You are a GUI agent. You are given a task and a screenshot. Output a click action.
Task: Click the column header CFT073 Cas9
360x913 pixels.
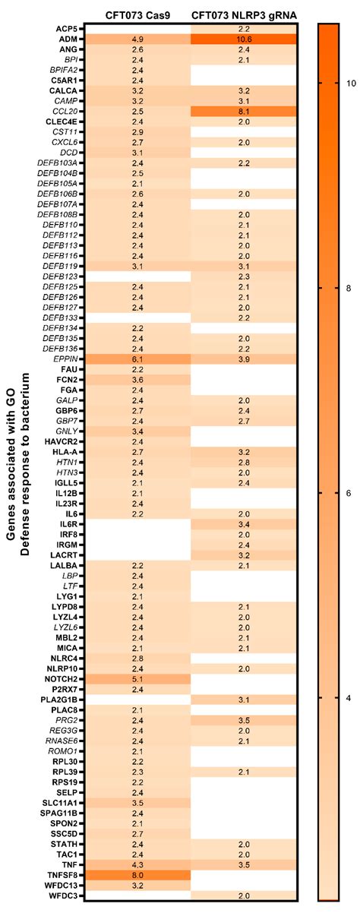[x=138, y=15]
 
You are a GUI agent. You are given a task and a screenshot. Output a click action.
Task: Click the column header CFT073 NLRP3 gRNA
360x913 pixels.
[x=245, y=15]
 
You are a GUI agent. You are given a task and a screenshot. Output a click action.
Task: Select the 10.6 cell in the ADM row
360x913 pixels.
[x=244, y=39]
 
